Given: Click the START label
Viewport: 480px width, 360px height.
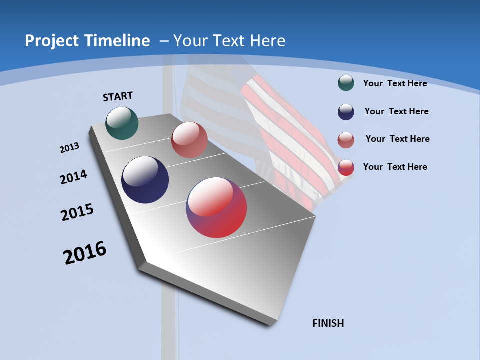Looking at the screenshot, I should (x=118, y=96).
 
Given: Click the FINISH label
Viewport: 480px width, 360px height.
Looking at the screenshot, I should (x=328, y=323).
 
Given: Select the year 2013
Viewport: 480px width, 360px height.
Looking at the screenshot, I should (x=69, y=148).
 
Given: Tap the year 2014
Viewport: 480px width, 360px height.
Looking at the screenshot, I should (x=73, y=177).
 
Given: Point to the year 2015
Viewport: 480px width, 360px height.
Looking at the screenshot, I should (x=77, y=213).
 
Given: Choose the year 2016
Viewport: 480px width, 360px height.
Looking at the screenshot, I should (x=85, y=253).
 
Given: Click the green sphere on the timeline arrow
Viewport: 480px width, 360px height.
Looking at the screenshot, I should (x=122, y=123).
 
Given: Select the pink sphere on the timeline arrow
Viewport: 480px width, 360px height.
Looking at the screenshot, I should (x=189, y=140).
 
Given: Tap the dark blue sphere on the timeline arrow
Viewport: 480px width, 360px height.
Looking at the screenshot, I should (x=145, y=180).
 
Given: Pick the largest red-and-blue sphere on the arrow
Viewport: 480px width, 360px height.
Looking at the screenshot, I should (x=216, y=207).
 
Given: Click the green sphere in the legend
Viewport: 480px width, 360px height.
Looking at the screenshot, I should (x=346, y=83).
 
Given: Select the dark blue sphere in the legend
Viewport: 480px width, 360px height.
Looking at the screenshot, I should (x=346, y=112).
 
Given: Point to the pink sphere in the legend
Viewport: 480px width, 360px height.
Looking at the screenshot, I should (x=346, y=140).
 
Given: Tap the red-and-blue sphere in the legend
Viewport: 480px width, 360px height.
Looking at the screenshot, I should (x=346, y=167).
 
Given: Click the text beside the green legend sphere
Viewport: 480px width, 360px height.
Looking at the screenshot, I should (x=395, y=83).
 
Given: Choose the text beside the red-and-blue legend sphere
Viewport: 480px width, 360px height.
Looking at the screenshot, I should (x=395, y=167).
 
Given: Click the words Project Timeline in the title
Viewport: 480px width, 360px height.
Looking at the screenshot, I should (x=87, y=41).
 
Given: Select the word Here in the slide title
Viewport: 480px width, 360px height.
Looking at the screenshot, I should (x=268, y=41).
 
